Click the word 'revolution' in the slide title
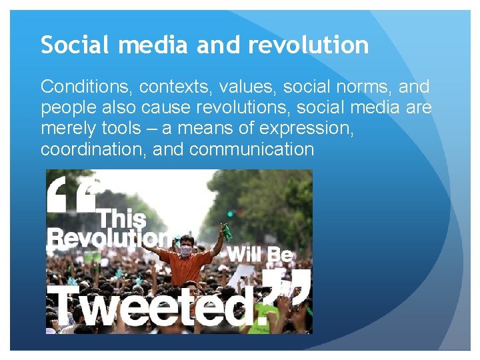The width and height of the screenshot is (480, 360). click(308, 45)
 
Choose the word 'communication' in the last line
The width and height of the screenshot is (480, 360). click(251, 149)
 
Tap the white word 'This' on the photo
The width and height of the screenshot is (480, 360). click(122, 217)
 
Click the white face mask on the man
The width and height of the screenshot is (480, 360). click(186, 251)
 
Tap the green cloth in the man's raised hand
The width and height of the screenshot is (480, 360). click(227, 232)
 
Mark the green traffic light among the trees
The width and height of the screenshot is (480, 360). click(230, 214)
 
